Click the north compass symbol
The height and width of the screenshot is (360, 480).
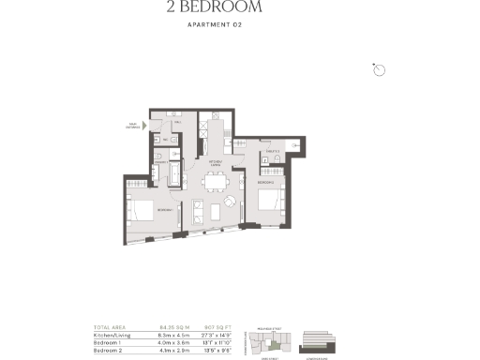pos(379,69)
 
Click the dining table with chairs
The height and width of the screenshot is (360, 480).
pos(216,182)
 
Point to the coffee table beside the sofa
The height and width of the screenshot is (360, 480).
pos(213,209)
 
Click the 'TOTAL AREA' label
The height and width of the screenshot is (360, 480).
pos(108,326)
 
